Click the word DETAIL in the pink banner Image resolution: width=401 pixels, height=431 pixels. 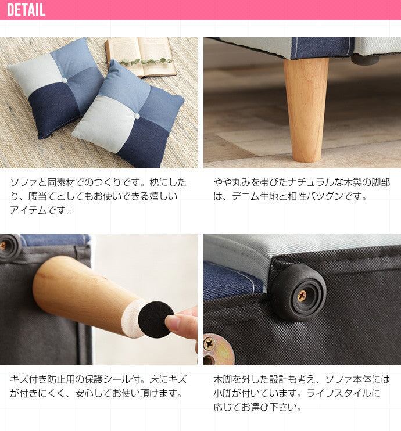coord(26,10)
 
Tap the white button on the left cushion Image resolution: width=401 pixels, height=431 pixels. coord(65,81)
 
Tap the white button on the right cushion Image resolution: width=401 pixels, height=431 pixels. coord(137,116)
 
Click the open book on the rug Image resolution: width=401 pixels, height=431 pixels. coord(141,56)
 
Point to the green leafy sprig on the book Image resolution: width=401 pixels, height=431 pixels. coord(146,62)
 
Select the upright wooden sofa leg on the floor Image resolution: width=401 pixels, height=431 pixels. coord(306,110)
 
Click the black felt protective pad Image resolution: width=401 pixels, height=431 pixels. coord(155,319)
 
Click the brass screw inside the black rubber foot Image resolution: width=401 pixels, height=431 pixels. coord(302,296)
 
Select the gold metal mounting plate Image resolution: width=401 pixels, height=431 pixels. coord(219,350)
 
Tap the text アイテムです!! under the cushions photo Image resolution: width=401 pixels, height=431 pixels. coord(41,210)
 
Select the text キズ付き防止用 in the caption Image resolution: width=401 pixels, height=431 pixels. coord(42,380)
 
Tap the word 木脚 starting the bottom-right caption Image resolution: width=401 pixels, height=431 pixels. coord(223,380)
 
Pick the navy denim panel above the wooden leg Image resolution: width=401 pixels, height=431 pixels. coord(322,47)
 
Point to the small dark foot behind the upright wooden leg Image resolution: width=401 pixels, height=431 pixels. coord(365,59)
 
